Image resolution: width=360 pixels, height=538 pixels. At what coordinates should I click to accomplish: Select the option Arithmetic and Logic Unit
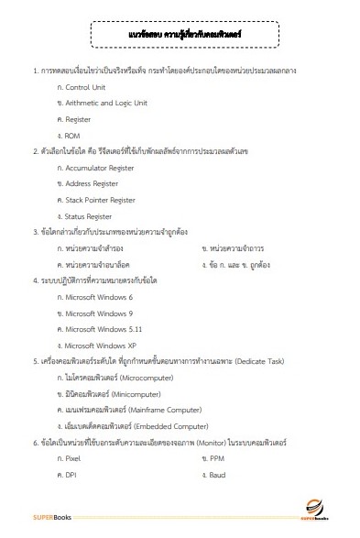(x=105, y=103)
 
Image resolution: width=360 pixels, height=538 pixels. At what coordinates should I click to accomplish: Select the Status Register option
(x=92, y=216)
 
